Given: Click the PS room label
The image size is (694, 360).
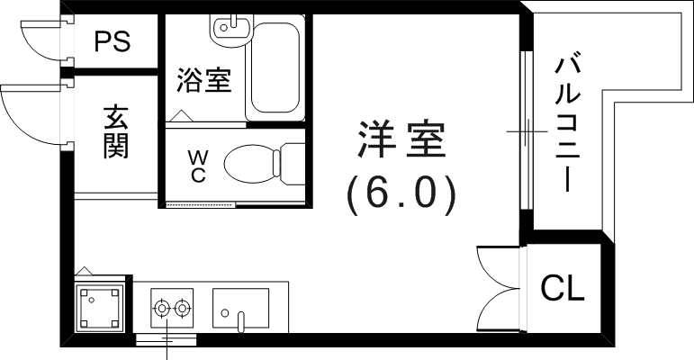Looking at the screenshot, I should [113, 41].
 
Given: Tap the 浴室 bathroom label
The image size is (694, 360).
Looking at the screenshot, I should [203, 81].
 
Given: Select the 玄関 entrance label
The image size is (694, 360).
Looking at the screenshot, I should [114, 132].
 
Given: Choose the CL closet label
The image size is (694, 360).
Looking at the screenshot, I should [563, 289].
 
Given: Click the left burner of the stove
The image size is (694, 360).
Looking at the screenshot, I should [162, 309].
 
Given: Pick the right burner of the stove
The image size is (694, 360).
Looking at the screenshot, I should [183, 309].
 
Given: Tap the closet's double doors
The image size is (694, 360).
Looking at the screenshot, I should [498, 283].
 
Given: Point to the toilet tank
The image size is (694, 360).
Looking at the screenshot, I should [292, 165].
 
